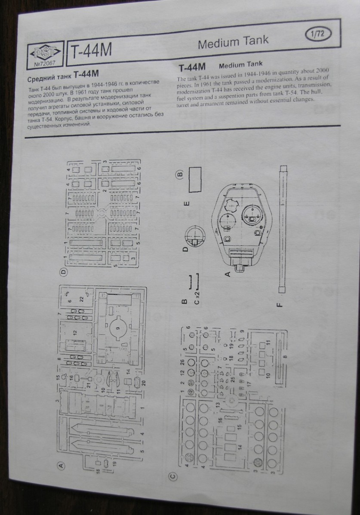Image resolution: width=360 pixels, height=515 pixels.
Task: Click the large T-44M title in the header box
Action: [x=92, y=51]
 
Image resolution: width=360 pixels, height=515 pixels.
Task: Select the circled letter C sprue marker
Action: [x=173, y=475]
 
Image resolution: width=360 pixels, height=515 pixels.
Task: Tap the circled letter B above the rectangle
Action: [x=179, y=175]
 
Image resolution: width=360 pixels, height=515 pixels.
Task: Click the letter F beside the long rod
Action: [x=279, y=305]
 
